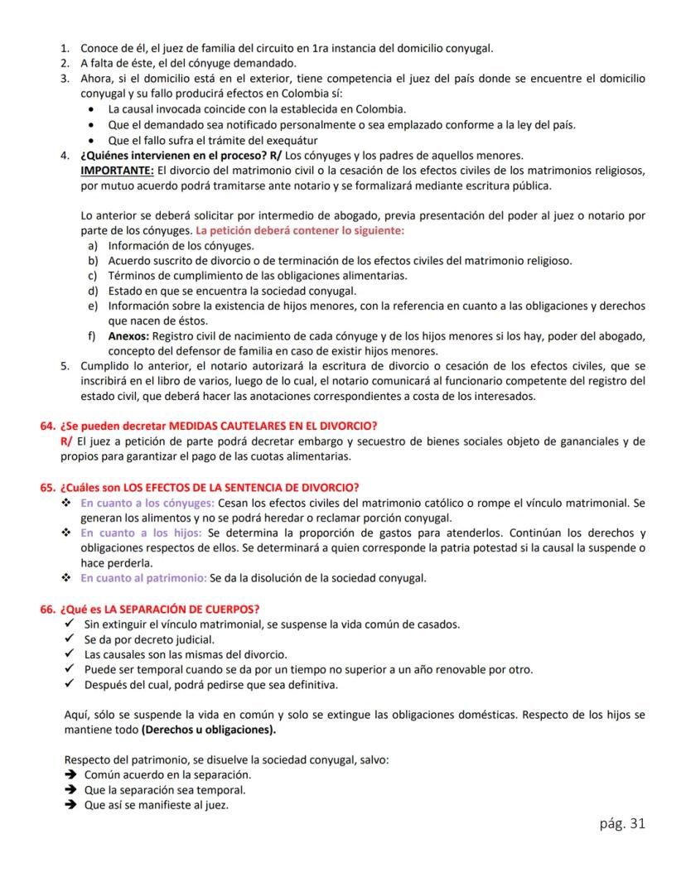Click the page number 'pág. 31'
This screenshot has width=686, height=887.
click(x=621, y=823)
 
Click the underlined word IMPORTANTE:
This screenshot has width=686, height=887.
click(x=111, y=170)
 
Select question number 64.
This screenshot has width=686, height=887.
click(x=46, y=427)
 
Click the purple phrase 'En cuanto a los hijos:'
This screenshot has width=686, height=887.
click(x=143, y=533)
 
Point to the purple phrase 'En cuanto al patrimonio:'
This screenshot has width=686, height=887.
click(x=143, y=578)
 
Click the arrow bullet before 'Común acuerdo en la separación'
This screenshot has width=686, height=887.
click(x=71, y=775)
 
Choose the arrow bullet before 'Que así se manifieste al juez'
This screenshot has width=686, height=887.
click(x=71, y=804)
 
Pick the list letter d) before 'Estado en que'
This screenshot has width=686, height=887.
click(x=93, y=290)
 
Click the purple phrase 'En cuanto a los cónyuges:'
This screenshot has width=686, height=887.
click(x=147, y=503)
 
